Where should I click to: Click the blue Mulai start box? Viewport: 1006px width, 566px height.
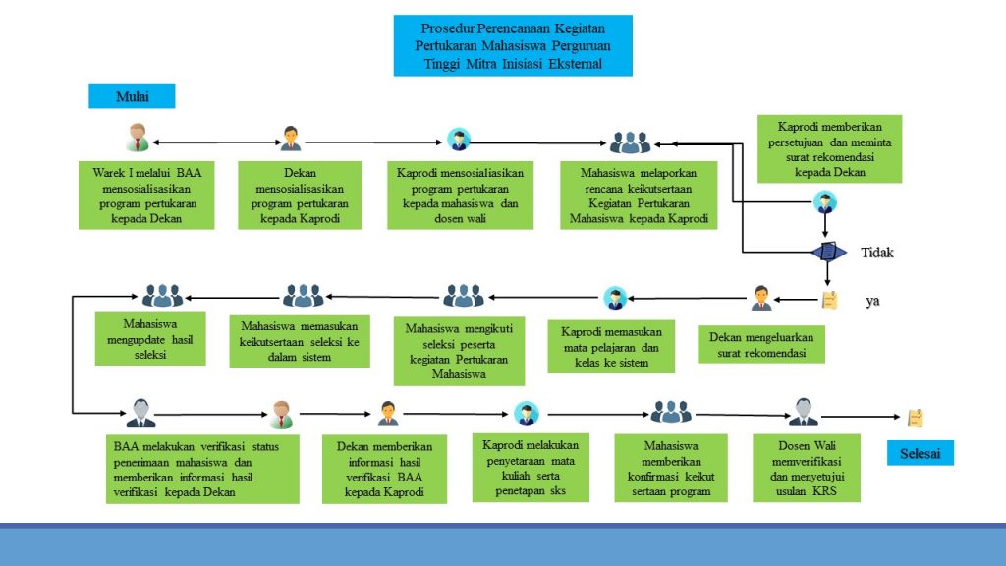132,96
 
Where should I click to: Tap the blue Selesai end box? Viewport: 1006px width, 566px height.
921,453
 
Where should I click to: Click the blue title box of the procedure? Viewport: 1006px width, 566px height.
513,45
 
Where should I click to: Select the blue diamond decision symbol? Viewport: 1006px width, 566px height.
828,253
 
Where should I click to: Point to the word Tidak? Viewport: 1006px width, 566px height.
877,253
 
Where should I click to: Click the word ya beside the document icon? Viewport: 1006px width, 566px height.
872,301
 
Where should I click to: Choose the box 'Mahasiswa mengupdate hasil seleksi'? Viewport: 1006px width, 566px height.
150,339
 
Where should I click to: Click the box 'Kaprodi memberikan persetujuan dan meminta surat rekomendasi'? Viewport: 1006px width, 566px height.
830,148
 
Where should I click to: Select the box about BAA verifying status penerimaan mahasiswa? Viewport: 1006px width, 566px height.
203,469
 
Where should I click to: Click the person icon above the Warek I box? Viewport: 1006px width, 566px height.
138,138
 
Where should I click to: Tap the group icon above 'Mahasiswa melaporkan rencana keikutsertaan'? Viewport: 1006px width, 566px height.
631,143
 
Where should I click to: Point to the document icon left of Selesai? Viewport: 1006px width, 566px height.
915,418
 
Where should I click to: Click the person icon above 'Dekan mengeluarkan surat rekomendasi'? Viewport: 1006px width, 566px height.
761,297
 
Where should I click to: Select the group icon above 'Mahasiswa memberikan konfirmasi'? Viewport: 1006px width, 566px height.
672,412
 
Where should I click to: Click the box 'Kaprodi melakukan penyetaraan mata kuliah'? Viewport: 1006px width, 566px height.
531,467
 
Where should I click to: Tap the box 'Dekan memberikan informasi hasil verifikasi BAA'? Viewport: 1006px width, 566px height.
384,470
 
